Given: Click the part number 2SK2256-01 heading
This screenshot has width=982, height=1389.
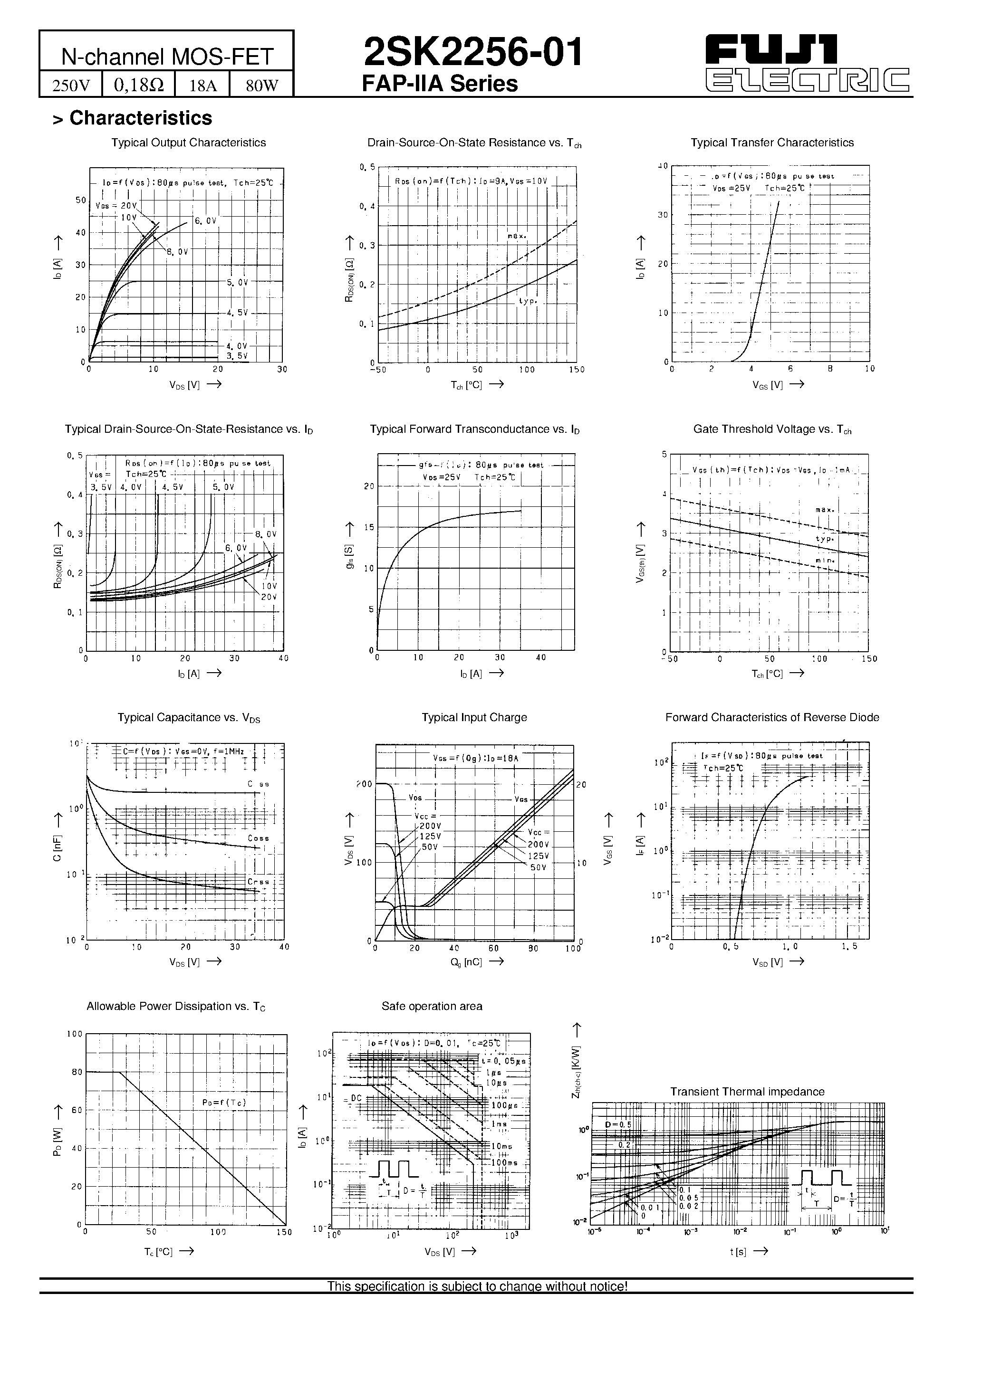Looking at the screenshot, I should (x=473, y=52).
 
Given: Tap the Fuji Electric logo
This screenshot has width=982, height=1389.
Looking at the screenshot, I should (x=807, y=63).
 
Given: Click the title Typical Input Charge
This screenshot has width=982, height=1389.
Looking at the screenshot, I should (x=474, y=717).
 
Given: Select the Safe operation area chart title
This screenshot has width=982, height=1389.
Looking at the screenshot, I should (x=432, y=1006).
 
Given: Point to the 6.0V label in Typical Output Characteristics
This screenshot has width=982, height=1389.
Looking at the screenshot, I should (x=205, y=221).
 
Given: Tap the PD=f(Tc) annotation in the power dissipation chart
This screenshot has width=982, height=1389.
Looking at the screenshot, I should (x=224, y=1102).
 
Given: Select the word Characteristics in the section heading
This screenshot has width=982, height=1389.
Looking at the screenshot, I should (x=141, y=118).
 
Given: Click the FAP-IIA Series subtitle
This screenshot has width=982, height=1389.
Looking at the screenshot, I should (x=440, y=84).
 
